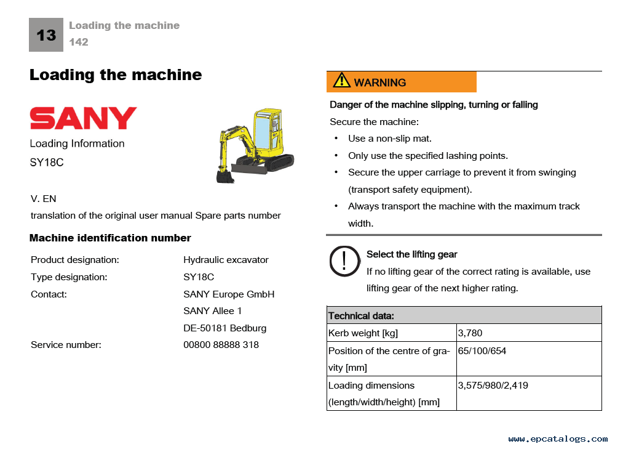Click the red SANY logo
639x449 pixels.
pyautogui.click(x=83, y=118)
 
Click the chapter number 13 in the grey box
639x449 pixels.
pyautogui.click(x=46, y=35)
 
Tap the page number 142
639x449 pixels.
pyautogui.click(x=79, y=42)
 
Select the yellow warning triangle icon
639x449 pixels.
pyautogui.click(x=341, y=81)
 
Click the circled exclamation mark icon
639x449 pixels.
pyautogui.click(x=344, y=261)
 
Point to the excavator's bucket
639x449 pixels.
pyautogui.click(x=225, y=176)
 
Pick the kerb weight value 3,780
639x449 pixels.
pyautogui.click(x=470, y=333)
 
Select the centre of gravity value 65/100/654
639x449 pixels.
pyautogui.click(x=482, y=351)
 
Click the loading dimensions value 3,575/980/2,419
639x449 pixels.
pyautogui.click(x=493, y=386)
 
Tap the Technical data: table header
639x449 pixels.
pyautogui.click(x=361, y=316)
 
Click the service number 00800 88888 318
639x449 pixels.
pyautogui.click(x=221, y=345)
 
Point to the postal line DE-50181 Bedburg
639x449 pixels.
pyautogui.click(x=224, y=328)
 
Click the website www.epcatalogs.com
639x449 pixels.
pyautogui.click(x=558, y=439)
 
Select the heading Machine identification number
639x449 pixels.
pyautogui.click(x=110, y=238)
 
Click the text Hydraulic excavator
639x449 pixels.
pyautogui.click(x=226, y=260)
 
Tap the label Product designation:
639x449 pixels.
pyautogui.click(x=75, y=260)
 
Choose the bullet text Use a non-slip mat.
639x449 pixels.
pyautogui.click(x=390, y=139)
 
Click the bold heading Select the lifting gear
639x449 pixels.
pyautogui.click(x=412, y=254)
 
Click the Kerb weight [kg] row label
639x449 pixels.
pyautogui.click(x=363, y=333)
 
